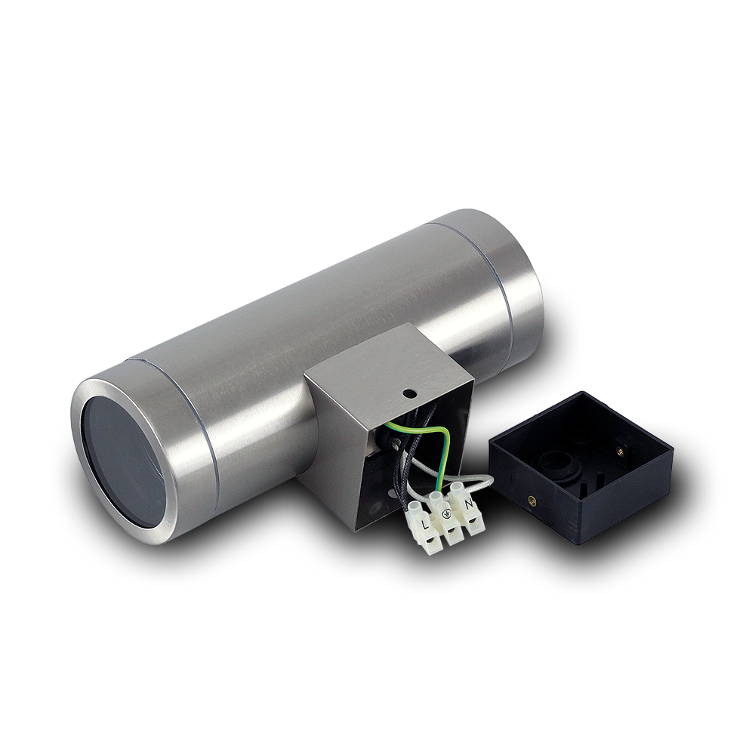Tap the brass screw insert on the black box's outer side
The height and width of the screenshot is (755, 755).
coord(532,501)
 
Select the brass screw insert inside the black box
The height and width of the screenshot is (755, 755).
coord(619,450)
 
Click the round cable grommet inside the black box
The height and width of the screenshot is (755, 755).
coord(558,464)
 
